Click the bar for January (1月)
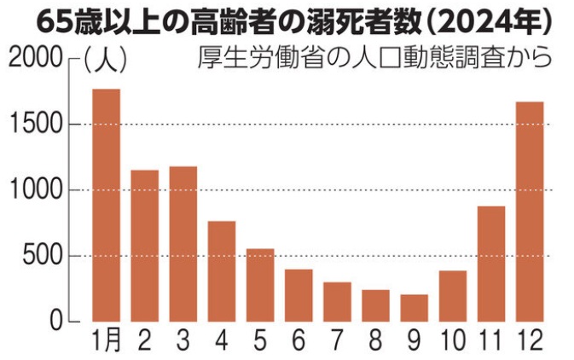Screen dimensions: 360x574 coord(107,205)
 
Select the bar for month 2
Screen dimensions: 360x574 coord(145,246)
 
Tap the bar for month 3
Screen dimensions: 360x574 coord(183,244)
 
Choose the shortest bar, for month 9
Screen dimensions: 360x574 coord(415,308)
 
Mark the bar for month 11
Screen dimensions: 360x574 coord(491,264)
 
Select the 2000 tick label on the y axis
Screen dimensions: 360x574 coord(35,60)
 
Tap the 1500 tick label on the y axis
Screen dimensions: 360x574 coord(35,125)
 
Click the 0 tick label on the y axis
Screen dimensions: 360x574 coord(56,322)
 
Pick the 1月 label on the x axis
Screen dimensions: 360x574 coord(106,340)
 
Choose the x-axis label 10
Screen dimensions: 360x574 coord(452,340)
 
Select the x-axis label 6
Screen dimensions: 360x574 coord(299,340)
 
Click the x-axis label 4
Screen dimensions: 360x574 coord(222,340)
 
